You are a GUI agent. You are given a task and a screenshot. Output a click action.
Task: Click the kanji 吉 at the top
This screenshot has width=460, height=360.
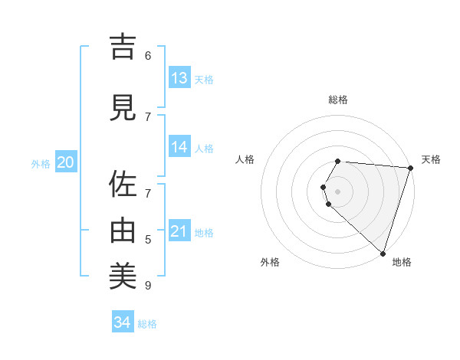(123, 47)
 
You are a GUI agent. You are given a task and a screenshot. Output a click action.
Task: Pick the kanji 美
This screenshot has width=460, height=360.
(123, 275)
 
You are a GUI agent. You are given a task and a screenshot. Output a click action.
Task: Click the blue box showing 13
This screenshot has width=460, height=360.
(179, 78)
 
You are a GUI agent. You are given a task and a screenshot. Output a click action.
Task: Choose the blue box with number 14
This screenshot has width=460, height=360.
(179, 147)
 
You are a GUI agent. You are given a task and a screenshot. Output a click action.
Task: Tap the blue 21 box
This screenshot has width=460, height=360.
(179, 231)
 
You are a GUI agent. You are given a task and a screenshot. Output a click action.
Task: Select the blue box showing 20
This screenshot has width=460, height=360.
(65, 162)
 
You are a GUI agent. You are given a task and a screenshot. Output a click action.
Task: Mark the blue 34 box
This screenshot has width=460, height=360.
(123, 322)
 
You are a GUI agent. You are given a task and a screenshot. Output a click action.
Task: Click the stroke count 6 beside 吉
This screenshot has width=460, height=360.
(148, 55)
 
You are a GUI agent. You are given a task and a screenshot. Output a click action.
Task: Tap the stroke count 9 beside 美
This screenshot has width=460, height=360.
(148, 286)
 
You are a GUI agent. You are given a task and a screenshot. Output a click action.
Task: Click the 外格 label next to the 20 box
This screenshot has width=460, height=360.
(41, 164)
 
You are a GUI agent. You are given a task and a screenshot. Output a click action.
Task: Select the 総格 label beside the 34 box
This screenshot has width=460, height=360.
(147, 324)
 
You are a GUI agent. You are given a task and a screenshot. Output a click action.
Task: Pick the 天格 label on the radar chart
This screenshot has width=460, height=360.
(431, 159)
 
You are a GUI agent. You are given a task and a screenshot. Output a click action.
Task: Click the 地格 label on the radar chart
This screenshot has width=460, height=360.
(402, 262)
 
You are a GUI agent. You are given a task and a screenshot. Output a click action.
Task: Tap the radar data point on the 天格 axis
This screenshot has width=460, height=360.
(410, 168)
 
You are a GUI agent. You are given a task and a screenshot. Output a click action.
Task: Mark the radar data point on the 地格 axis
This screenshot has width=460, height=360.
(382, 253)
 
